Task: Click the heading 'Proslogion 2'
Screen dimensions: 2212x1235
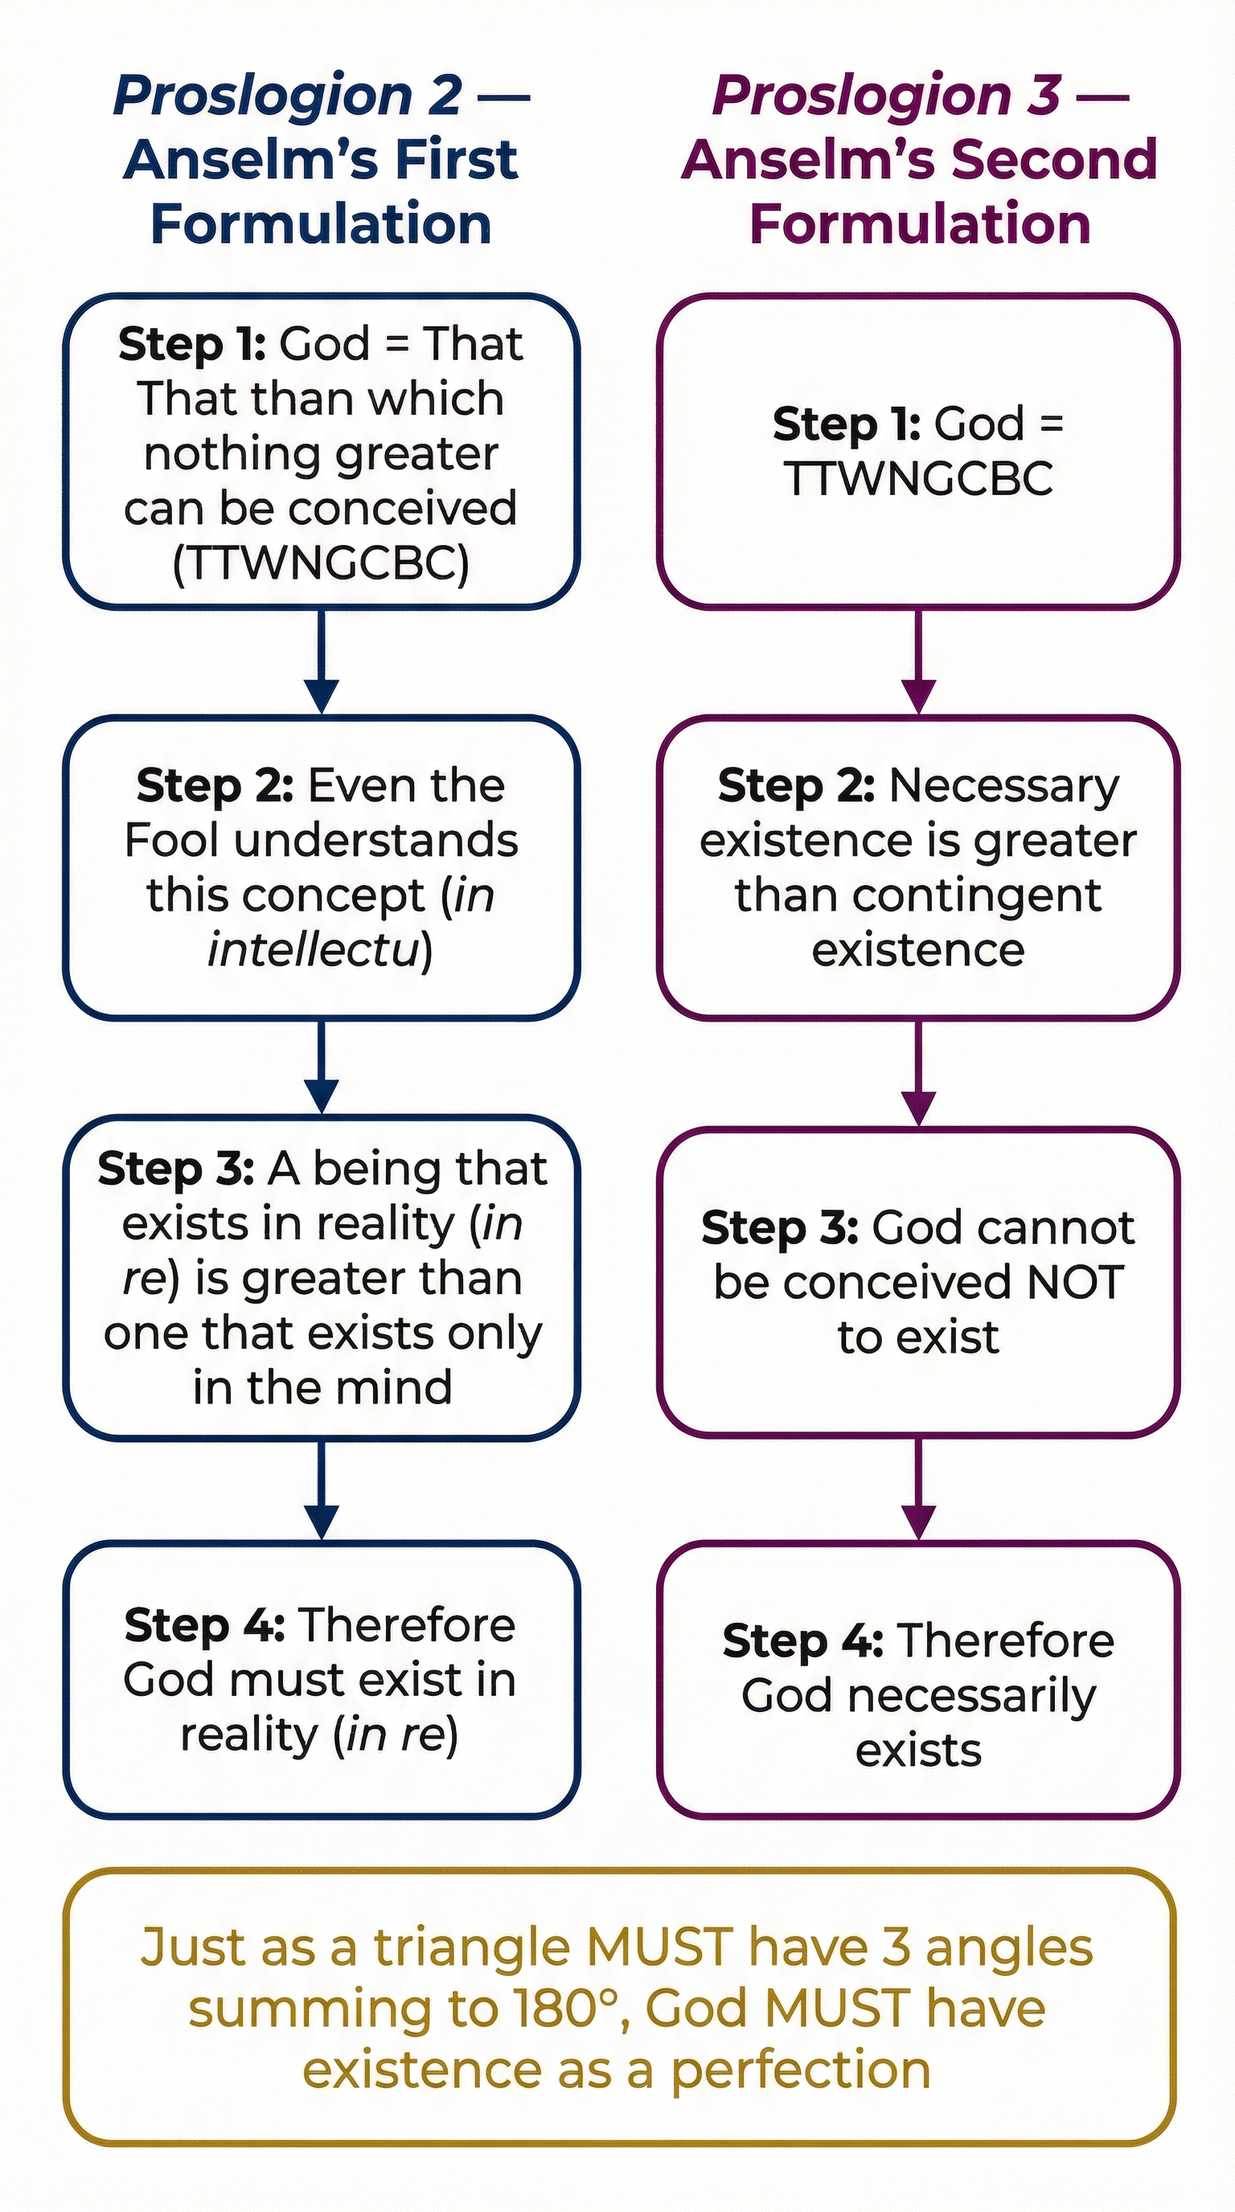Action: coord(288,95)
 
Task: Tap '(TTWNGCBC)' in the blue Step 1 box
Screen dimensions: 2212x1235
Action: coord(321,563)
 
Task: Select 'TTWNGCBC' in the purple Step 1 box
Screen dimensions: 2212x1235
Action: coord(918,478)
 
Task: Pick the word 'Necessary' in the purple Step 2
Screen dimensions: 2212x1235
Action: coord(1004,786)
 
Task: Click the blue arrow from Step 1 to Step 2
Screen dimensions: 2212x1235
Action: coord(321,662)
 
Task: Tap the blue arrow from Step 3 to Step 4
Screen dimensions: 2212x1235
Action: coord(321,1492)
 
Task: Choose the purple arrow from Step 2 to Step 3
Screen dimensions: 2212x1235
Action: coord(918,1072)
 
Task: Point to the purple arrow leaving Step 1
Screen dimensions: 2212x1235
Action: coord(918,662)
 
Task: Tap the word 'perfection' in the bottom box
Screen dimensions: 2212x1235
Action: coord(801,2070)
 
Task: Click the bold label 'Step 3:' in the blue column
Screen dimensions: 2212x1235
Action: coord(176,1169)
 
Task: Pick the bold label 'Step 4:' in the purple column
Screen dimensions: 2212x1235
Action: coord(803,1641)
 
